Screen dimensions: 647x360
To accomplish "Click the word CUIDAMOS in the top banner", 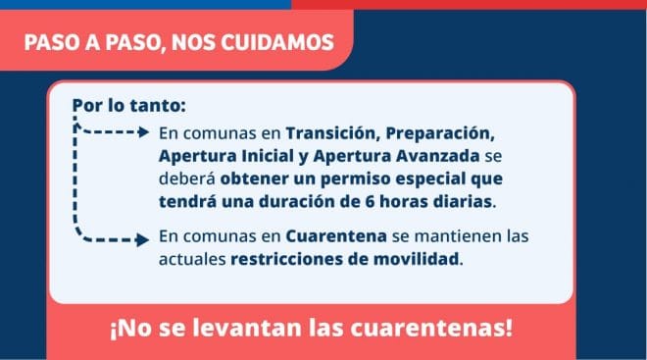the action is pos(277,42).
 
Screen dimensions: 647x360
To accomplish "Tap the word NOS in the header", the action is pos(194,42).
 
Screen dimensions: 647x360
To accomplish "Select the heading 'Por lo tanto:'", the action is pos(129,105).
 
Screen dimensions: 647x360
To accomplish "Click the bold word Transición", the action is pos(333,133).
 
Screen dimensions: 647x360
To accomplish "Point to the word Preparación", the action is pos(440,134).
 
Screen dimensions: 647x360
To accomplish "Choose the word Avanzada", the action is pos(438,156).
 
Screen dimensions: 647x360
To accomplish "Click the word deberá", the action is pos(187,179).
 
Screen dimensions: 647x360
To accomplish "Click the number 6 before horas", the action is pos(370,202).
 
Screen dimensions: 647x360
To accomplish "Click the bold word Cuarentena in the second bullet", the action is pos(336,236).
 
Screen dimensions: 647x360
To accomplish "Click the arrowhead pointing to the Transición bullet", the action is pos(144,132).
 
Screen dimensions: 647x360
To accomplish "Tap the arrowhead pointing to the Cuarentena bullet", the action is pos(143,240).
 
